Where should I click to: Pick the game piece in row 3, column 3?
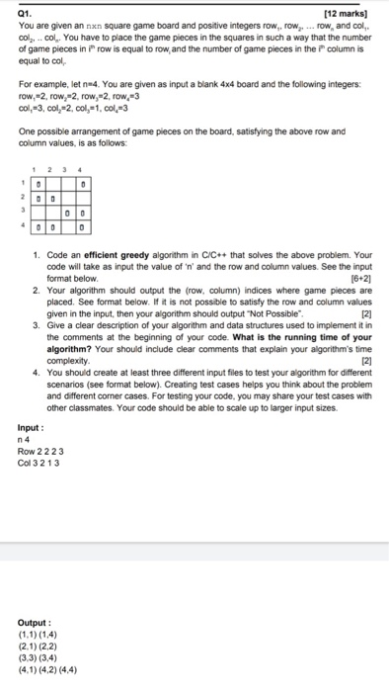(x=69, y=213)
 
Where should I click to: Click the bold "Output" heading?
(x=35, y=623)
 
